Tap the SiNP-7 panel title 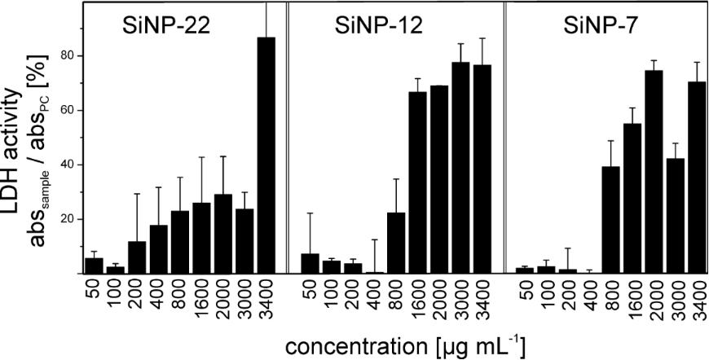(597, 24)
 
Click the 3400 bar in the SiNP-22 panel (266, 155)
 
